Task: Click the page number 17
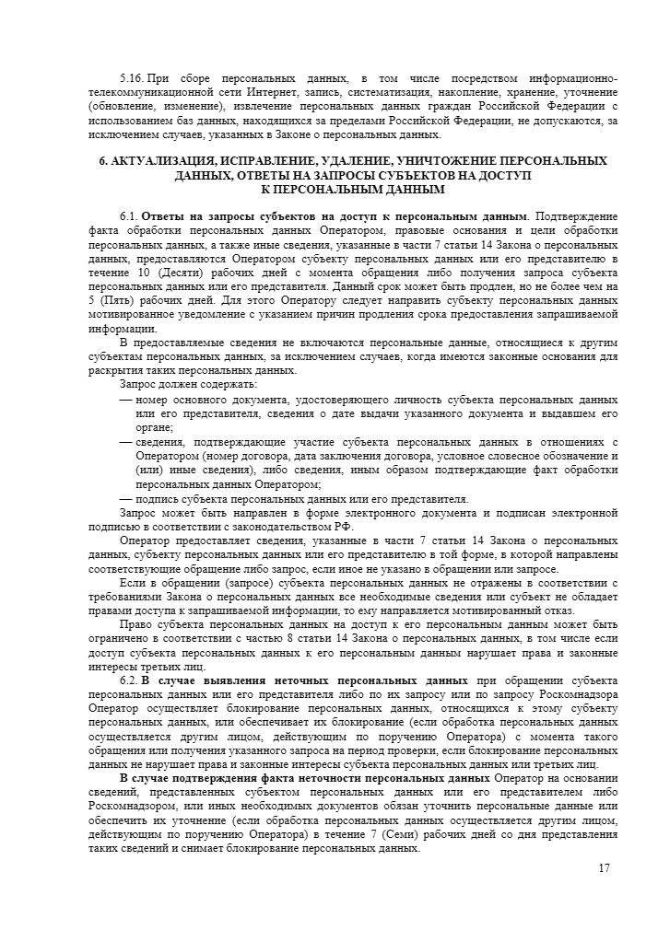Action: [605, 868]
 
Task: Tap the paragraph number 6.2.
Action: [128, 680]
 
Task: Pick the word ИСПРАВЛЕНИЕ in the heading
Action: [269, 161]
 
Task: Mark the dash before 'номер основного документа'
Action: [126, 401]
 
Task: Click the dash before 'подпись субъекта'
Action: [126, 500]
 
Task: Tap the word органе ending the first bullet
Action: [154, 427]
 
